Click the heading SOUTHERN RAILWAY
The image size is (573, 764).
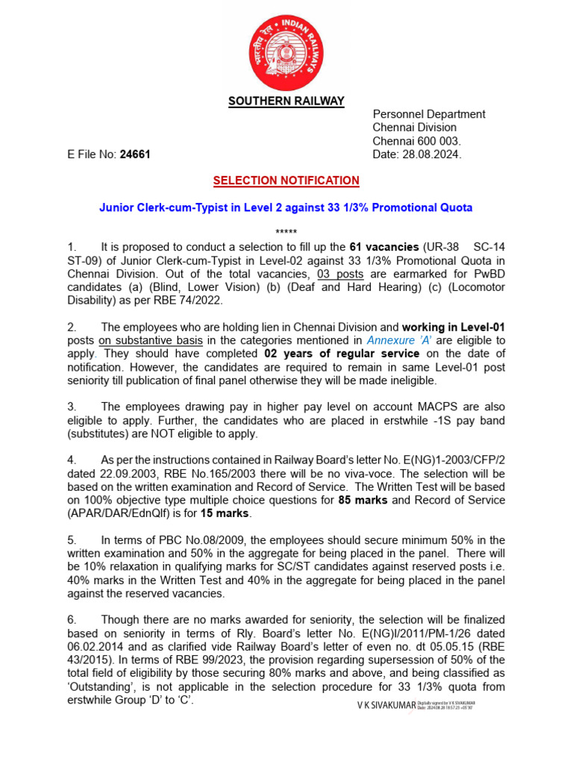pos(286,101)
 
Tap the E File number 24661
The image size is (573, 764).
pos(135,155)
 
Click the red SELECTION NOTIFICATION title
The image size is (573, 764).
pos(286,181)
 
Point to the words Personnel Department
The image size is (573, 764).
pos(429,114)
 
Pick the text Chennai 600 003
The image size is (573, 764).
pos(417,142)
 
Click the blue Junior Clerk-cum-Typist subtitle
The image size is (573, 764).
pos(286,207)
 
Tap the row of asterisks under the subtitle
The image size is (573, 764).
pos(286,233)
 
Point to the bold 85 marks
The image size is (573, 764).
pos(362,500)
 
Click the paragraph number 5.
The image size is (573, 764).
pos(72,540)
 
